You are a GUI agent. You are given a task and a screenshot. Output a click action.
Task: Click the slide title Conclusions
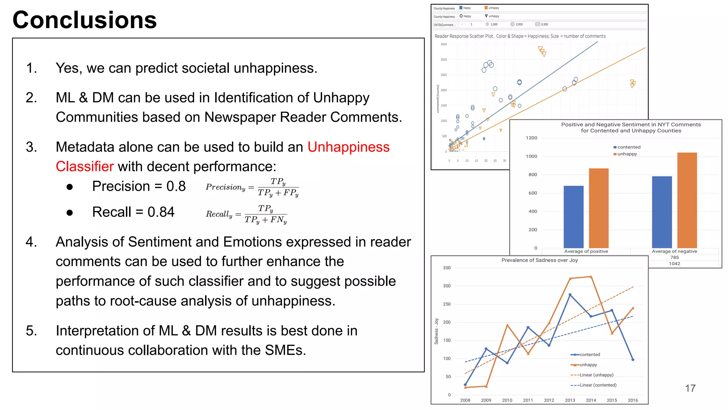point(85,20)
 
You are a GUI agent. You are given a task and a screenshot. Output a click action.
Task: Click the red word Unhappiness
point(348,147)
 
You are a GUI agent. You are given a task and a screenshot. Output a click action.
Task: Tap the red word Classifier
point(85,167)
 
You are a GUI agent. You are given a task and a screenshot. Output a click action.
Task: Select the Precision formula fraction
point(278,187)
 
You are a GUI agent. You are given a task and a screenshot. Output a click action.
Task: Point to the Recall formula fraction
point(266,214)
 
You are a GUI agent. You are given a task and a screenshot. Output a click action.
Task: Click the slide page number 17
point(690,388)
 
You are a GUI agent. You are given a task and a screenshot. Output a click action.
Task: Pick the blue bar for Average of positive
point(573,217)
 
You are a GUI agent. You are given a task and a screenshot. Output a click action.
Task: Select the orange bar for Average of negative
point(687,200)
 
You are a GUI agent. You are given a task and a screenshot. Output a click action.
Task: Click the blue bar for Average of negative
point(662,212)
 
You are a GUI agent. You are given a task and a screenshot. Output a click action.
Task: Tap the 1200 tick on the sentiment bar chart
point(531,138)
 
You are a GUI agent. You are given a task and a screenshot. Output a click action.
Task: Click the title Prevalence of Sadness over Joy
point(539,260)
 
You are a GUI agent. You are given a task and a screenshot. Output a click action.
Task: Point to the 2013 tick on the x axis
point(570,400)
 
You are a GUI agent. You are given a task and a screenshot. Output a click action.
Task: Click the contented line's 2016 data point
point(633,360)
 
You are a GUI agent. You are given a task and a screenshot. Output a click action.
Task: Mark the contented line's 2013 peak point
point(570,295)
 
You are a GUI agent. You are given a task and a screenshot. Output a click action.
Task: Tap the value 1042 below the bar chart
point(674,264)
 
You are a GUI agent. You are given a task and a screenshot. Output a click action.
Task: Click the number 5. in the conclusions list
point(31,331)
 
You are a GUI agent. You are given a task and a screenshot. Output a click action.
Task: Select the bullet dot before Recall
point(70,213)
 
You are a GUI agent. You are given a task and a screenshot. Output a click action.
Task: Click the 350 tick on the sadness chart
point(447,268)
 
